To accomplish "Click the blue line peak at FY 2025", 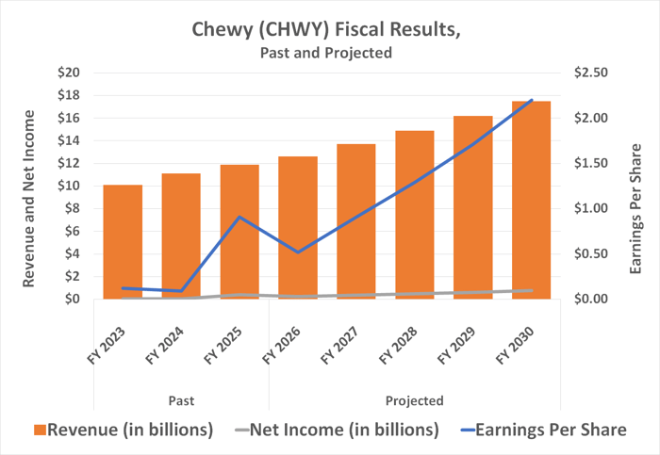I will (240, 217).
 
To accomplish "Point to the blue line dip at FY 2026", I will (298, 252).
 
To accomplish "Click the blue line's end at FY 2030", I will (532, 100).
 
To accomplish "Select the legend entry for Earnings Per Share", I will (547, 431).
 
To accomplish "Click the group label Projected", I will (414, 400).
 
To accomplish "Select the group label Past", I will (181, 400).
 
